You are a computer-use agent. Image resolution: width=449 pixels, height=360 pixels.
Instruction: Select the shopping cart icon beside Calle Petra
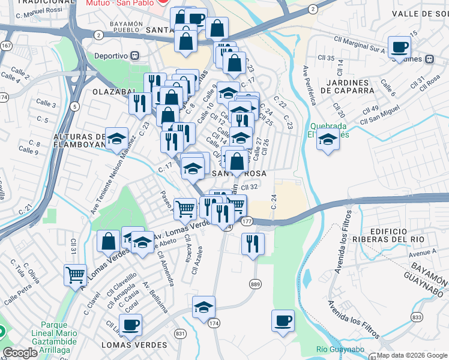coord(75,275)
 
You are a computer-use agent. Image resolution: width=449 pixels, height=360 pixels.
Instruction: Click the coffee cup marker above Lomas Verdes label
coord(130,325)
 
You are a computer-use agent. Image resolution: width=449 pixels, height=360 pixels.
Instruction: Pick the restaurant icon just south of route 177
coord(253,244)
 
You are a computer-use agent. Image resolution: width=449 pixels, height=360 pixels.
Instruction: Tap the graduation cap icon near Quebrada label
coord(327,141)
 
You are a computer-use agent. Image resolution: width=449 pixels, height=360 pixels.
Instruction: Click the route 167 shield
coord(7,46)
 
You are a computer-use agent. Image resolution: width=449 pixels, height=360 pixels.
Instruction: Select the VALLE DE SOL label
coord(420,13)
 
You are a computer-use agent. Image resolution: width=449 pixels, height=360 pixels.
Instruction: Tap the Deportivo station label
coord(111,56)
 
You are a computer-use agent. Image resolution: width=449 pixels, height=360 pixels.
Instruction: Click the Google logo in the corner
coord(20,353)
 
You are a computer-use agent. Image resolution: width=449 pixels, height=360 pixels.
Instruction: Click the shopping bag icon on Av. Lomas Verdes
coord(109,241)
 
